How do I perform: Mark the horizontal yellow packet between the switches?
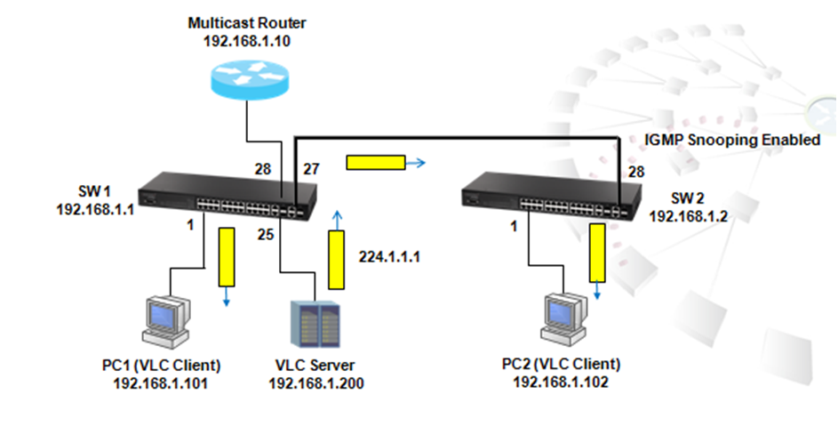click(x=374, y=163)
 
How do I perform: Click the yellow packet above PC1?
click(x=227, y=257)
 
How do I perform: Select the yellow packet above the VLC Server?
click(x=336, y=260)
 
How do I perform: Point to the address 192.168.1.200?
click(x=315, y=383)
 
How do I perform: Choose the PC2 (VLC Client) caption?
click(x=561, y=366)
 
